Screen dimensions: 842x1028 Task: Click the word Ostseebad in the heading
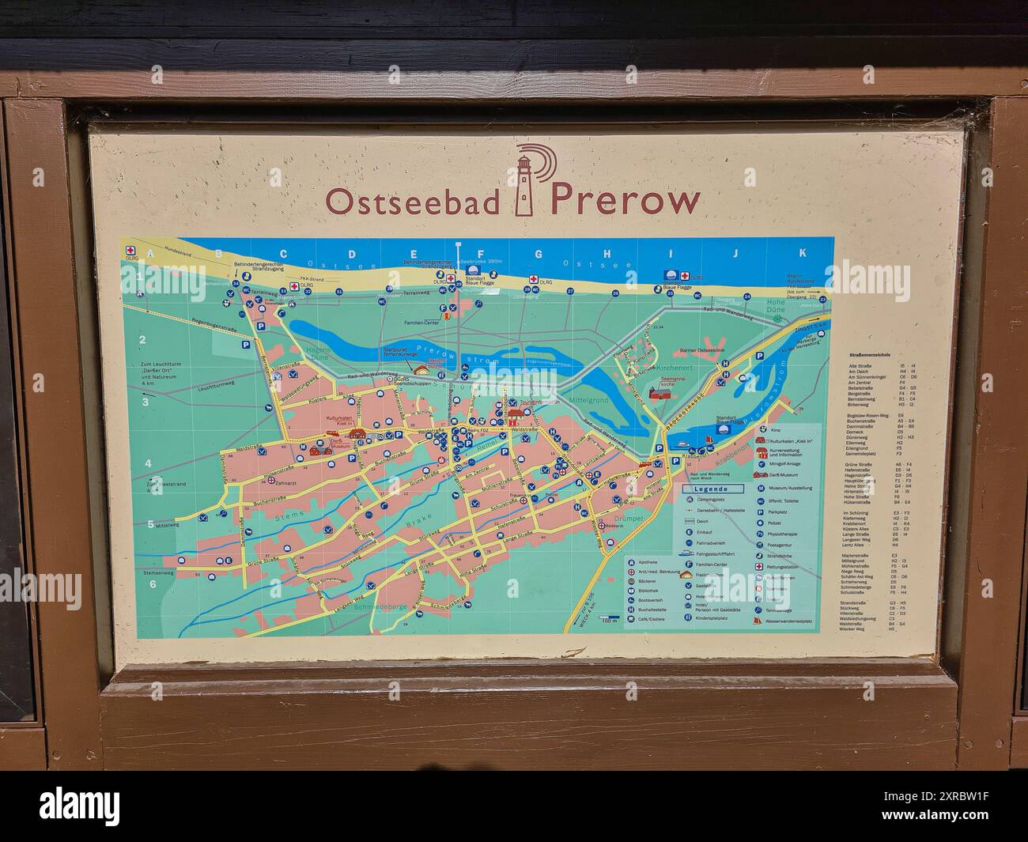point(412,201)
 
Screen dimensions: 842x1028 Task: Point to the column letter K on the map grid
point(802,253)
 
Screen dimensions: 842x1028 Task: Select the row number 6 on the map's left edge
point(153,585)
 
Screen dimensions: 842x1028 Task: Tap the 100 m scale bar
point(607,618)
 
